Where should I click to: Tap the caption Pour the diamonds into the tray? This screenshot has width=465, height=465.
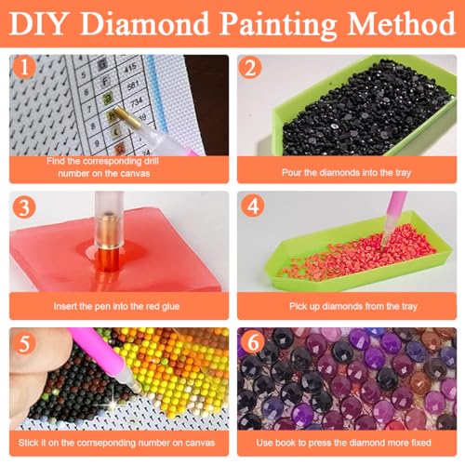click(347, 172)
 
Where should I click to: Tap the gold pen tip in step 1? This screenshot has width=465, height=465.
click(119, 113)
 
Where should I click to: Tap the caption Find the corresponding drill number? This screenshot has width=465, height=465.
click(120, 166)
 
